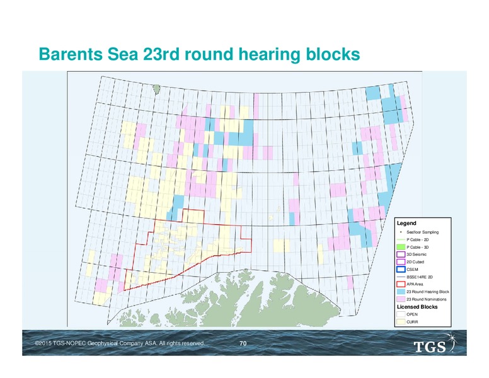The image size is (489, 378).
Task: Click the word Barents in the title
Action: (x=71, y=54)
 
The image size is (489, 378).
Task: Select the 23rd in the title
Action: (x=161, y=54)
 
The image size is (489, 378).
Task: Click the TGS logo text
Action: (x=429, y=346)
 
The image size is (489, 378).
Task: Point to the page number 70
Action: (x=243, y=343)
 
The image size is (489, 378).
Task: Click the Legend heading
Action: (x=406, y=223)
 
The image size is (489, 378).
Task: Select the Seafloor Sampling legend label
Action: (x=422, y=232)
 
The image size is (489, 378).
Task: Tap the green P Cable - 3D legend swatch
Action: (x=401, y=247)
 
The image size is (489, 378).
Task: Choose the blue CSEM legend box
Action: (x=401, y=269)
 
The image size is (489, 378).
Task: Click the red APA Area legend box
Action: (x=401, y=284)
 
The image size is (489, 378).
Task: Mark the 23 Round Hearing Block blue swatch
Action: (x=401, y=292)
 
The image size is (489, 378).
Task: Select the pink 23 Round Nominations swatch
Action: (x=401, y=299)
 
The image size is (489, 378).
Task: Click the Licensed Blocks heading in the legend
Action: (x=417, y=307)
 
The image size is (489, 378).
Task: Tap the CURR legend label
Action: (x=412, y=322)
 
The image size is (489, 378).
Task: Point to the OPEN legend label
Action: (x=412, y=314)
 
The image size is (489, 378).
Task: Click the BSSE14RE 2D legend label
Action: (x=420, y=277)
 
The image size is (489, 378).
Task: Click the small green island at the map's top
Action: (x=157, y=89)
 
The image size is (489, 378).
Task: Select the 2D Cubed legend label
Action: (x=415, y=262)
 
